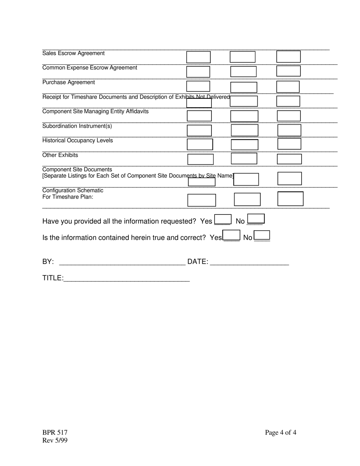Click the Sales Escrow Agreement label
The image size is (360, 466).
click(x=73, y=53)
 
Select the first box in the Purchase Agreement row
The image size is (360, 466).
click(x=198, y=86)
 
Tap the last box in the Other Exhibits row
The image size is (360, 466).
click(x=289, y=159)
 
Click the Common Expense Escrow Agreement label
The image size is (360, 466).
click(x=89, y=68)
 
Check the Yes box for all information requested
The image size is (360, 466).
click(x=222, y=220)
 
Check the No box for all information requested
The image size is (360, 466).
click(x=255, y=219)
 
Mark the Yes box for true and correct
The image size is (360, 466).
click(x=232, y=236)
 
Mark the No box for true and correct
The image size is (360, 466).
click(x=262, y=236)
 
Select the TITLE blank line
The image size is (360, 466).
click(x=126, y=278)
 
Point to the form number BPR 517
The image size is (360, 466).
click(x=55, y=433)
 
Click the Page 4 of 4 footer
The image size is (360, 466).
click(x=280, y=433)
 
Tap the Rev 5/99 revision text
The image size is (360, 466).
click(x=55, y=440)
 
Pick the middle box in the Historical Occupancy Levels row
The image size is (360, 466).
click(x=244, y=145)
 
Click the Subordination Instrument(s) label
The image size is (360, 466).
click(x=77, y=126)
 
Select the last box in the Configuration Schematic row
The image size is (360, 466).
click(x=290, y=199)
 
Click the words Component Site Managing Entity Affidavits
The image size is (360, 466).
click(x=95, y=111)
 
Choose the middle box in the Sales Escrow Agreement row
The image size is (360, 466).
click(x=243, y=57)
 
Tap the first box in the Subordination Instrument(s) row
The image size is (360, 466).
click(x=199, y=131)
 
